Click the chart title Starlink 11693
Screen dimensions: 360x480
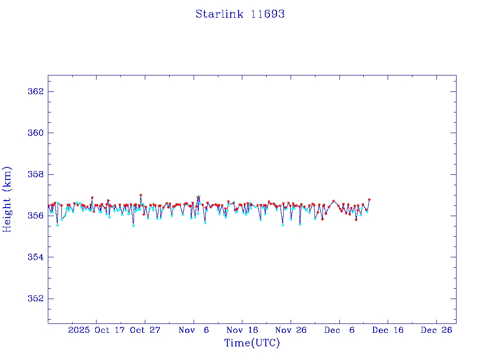tap(240, 14)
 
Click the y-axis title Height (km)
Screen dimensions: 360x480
tap(7, 199)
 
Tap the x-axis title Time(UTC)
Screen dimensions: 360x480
tap(252, 343)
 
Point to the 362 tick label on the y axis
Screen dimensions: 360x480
tap(35, 91)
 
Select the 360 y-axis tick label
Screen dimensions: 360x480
tap(35, 133)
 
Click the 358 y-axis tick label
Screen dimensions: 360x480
tap(35, 174)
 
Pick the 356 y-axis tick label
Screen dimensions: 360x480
tap(35, 216)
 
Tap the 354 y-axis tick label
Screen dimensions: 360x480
tap(35, 257)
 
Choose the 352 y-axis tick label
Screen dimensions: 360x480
tap(35, 299)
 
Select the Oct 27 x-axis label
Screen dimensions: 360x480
tap(145, 330)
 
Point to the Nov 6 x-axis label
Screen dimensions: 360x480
tap(194, 330)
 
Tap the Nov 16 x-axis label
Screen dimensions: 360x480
tap(242, 330)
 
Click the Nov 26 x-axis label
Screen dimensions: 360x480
tap(291, 330)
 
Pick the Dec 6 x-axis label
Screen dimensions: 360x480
tap(339, 330)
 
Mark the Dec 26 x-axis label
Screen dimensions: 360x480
tap(436, 330)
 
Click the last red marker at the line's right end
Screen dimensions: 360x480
tap(369, 200)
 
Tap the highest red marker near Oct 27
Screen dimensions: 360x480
tap(141, 195)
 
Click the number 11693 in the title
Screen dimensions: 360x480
tap(268, 14)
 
